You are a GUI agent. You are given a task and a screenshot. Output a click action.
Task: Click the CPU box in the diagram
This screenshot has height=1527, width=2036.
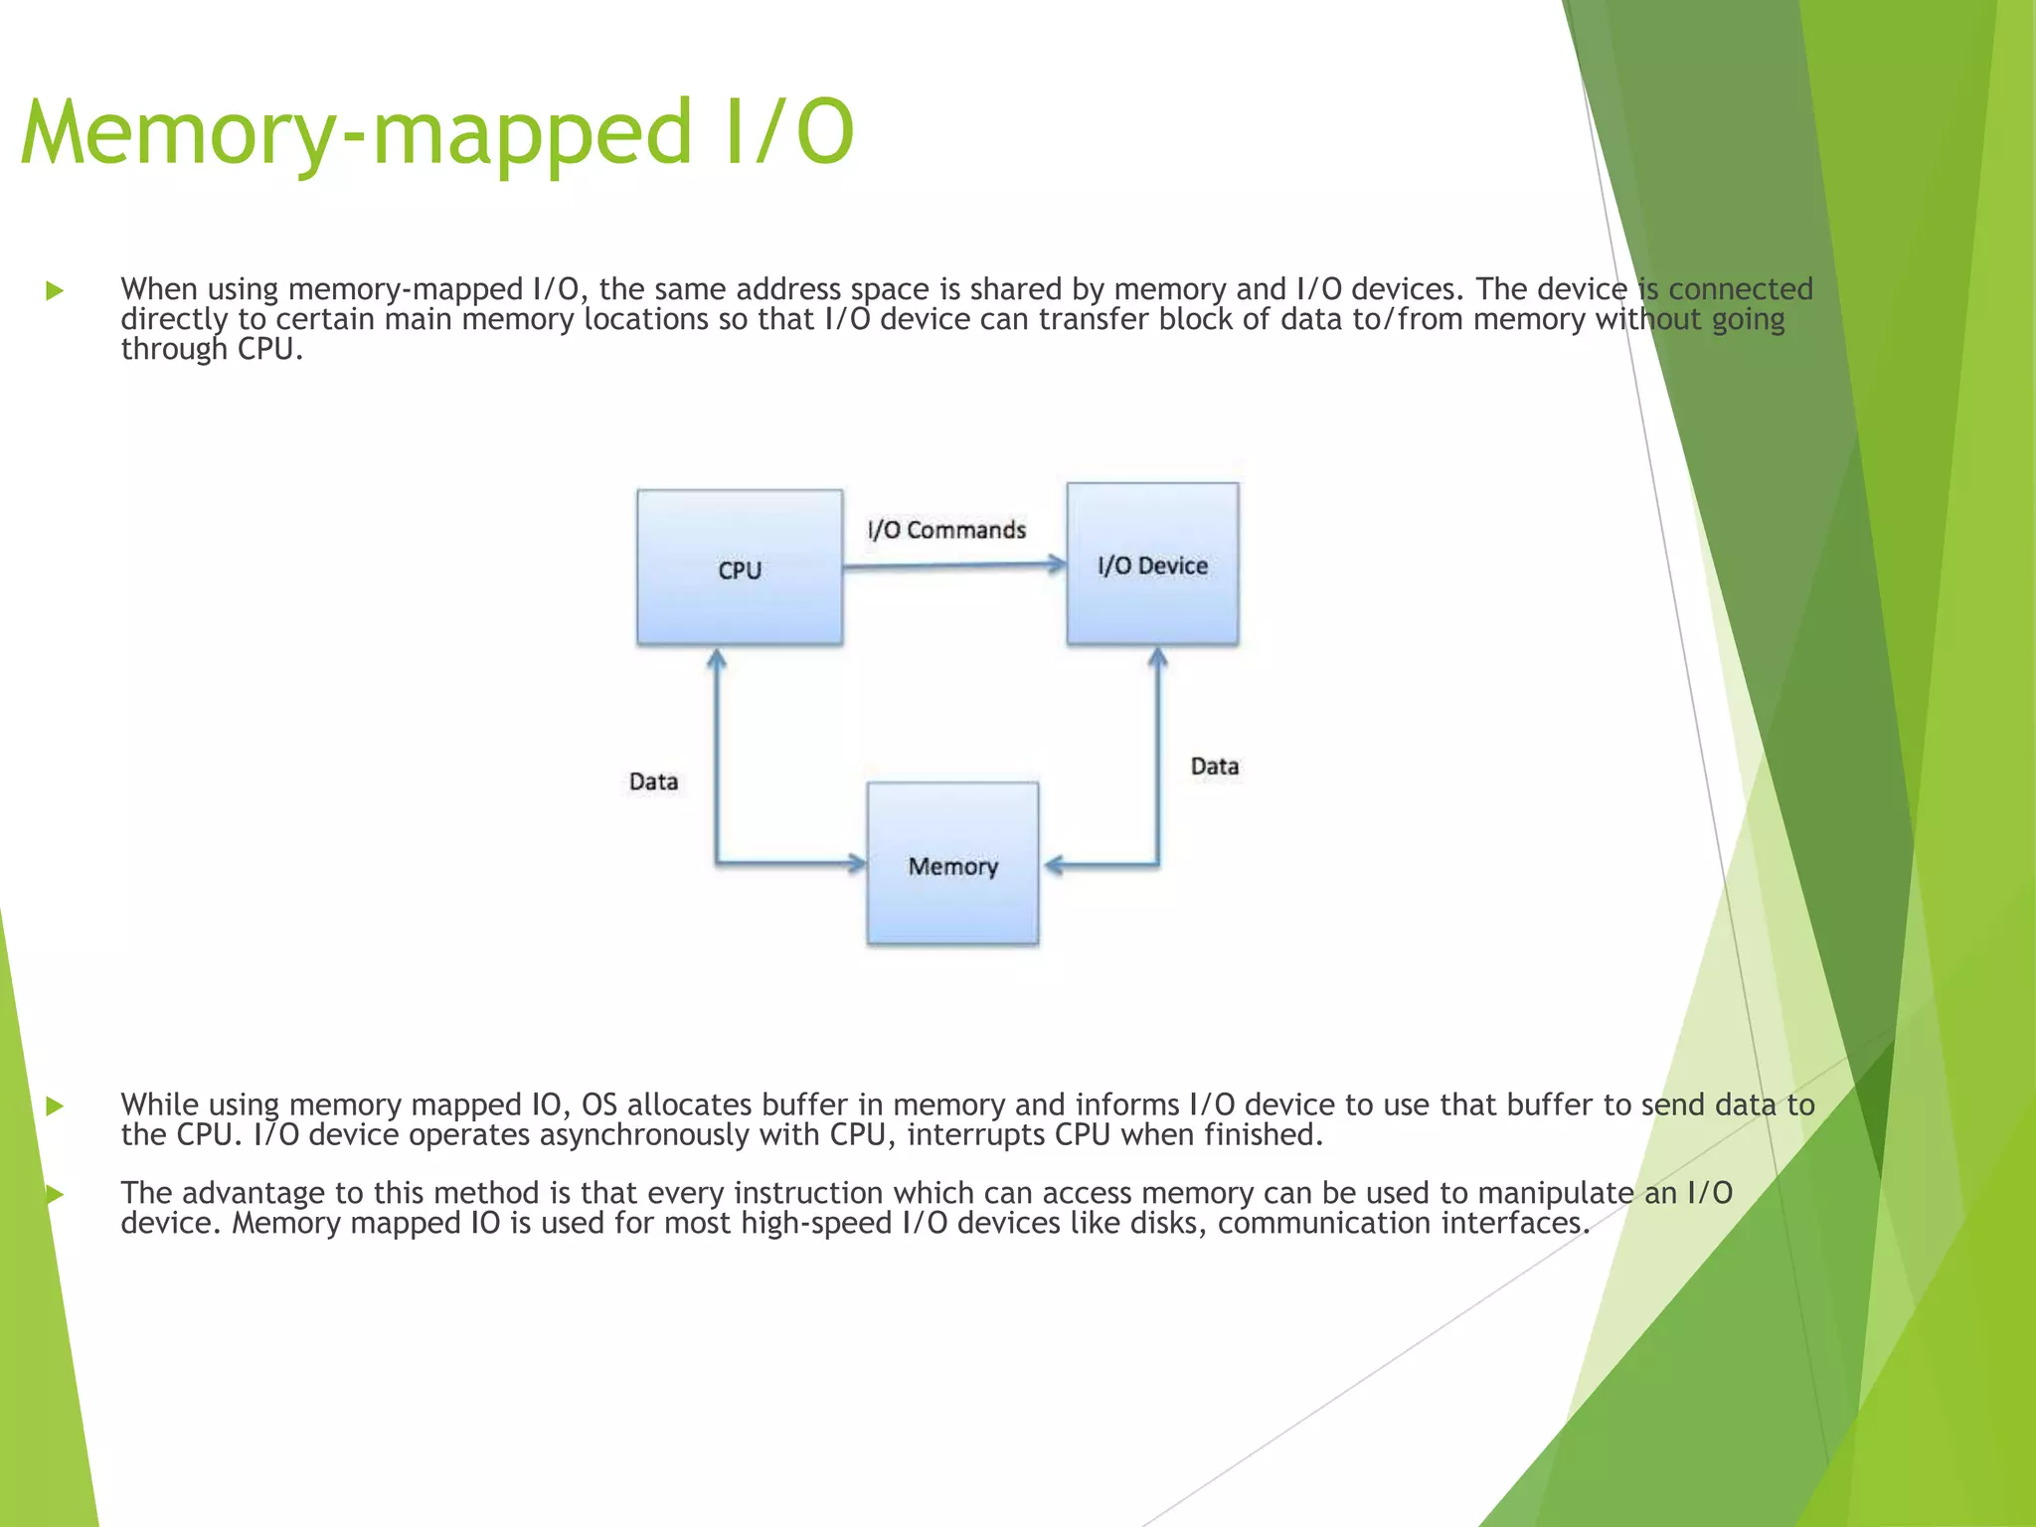[740, 568]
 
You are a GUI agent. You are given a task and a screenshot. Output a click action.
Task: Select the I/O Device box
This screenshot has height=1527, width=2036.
[1152, 564]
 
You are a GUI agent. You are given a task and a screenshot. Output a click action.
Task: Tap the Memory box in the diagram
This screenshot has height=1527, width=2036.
[952, 864]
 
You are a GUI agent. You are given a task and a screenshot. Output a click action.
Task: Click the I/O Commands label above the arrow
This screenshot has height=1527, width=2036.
[945, 530]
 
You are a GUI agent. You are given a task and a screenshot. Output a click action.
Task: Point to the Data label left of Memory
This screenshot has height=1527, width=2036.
[653, 781]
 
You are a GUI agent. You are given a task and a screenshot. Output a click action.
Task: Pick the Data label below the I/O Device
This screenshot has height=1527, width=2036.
[1214, 766]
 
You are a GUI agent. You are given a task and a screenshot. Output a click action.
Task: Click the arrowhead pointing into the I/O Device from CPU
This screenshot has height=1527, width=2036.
[1057, 565]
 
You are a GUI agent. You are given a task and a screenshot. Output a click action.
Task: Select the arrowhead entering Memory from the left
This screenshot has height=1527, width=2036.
[857, 863]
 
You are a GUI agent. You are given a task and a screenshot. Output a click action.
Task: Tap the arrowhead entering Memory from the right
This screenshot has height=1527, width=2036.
[1055, 866]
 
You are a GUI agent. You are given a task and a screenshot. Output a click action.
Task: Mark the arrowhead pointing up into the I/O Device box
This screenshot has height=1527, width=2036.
[1157, 658]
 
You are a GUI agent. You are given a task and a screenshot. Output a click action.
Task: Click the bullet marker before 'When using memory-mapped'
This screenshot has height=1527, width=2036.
[55, 291]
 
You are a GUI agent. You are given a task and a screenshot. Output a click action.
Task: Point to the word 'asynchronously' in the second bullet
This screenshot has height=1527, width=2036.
[643, 1135]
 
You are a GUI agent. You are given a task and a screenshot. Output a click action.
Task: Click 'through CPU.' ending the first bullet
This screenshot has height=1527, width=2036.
[211, 350]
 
